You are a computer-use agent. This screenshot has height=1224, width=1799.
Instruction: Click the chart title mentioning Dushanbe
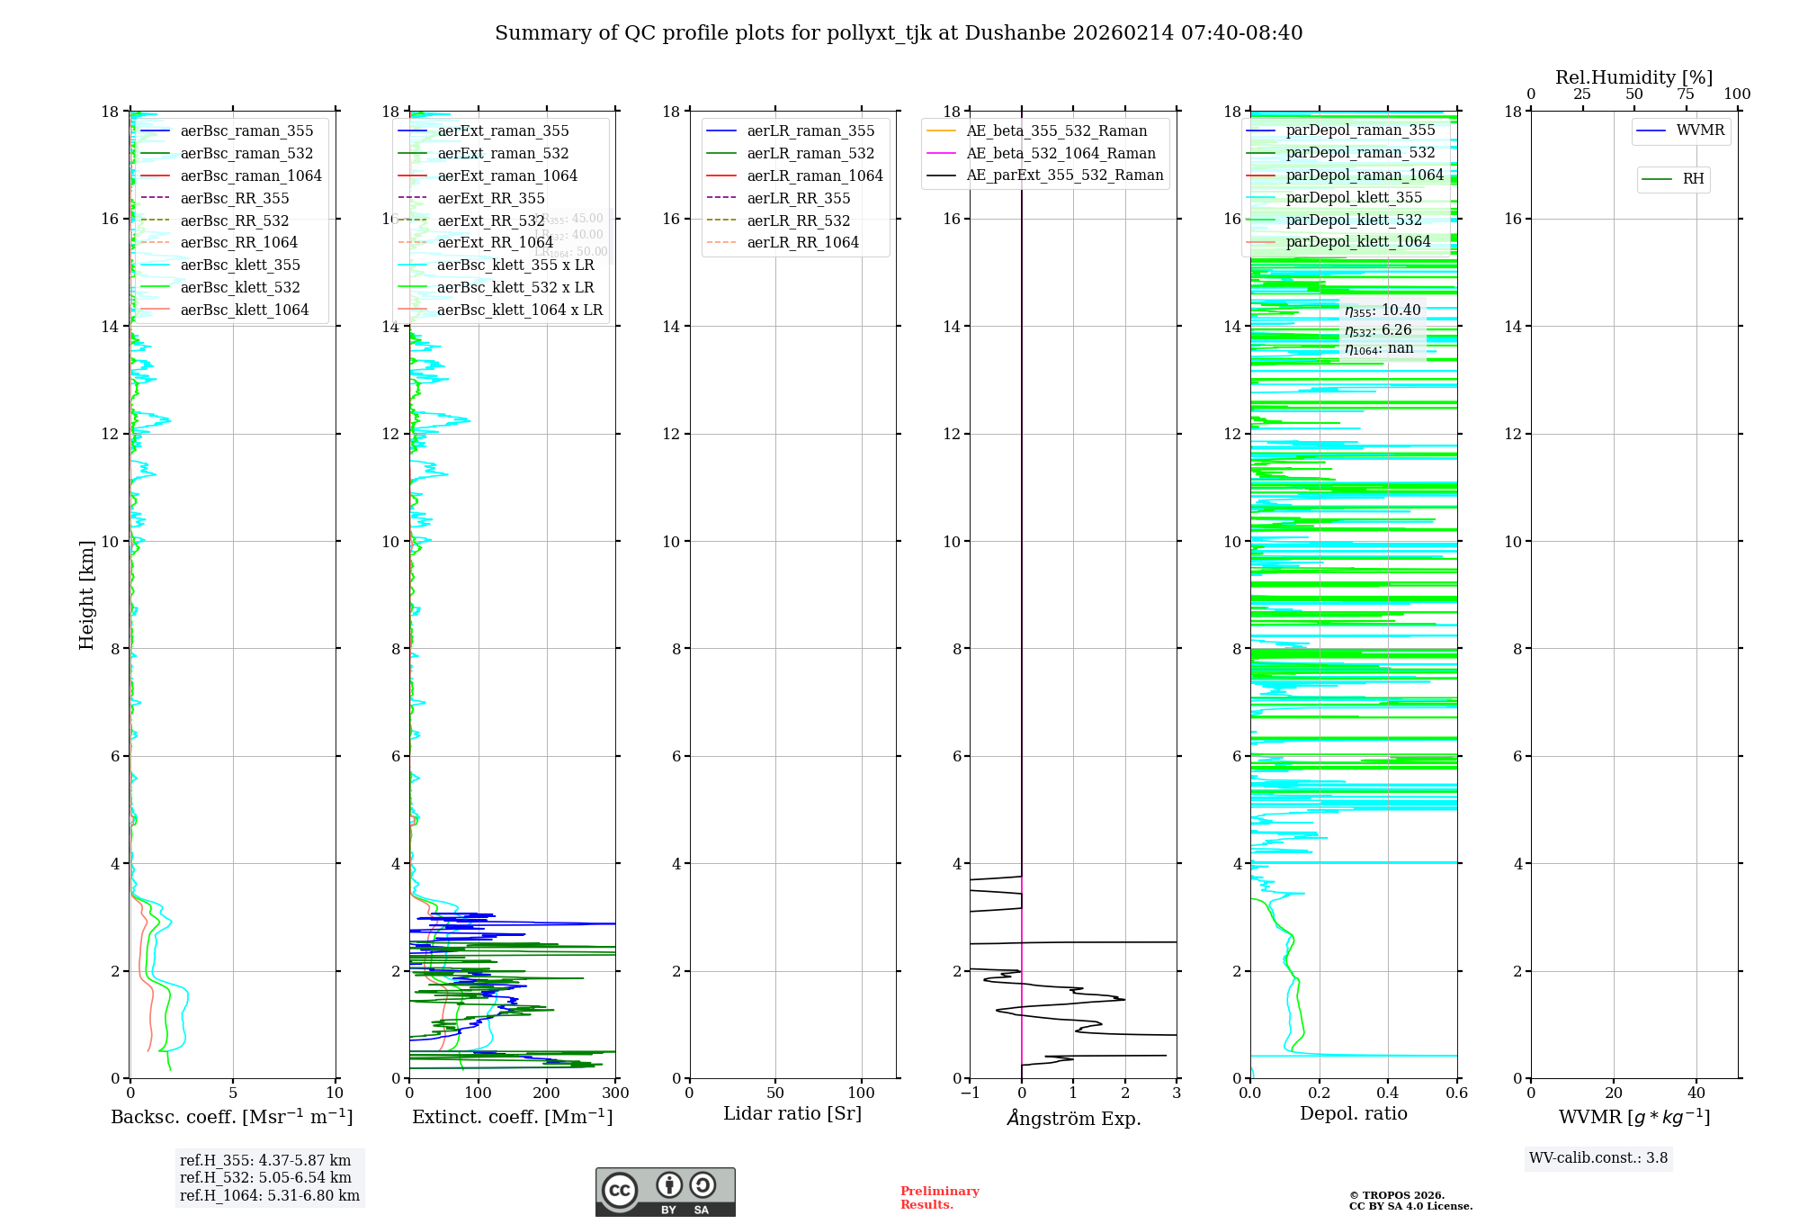click(899, 33)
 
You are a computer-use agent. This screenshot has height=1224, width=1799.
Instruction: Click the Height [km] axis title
click(86, 595)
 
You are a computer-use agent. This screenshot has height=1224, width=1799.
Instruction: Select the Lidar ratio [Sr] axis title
click(792, 1113)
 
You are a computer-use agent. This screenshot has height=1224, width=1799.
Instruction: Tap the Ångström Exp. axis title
click(1073, 1118)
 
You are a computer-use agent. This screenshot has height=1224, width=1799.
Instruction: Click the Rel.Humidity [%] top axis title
click(1633, 77)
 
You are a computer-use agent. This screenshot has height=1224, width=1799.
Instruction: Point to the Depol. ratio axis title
click(1353, 1113)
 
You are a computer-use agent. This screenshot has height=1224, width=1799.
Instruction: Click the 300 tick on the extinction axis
click(615, 1093)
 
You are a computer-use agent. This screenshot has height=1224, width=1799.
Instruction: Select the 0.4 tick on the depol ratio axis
click(1388, 1093)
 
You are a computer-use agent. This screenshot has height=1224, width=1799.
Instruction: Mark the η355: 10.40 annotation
click(1383, 310)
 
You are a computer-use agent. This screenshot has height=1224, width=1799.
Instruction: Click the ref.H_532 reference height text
click(265, 1178)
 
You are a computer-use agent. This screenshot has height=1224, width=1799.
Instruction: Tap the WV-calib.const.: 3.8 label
click(1598, 1158)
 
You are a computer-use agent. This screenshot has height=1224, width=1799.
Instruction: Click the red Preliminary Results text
click(939, 1198)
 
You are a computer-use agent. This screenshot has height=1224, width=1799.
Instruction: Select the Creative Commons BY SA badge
click(665, 1192)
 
